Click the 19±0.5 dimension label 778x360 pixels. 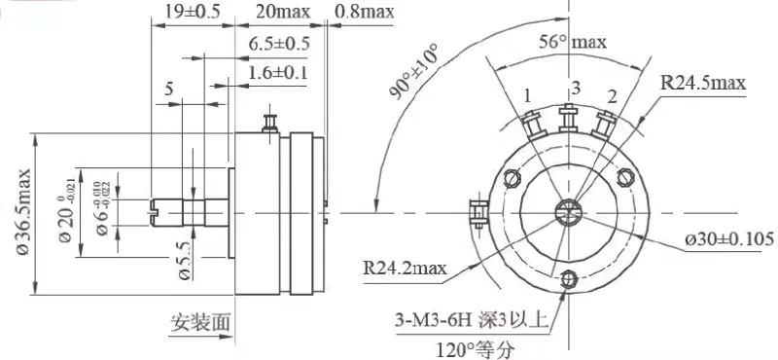pyautogui.click(x=192, y=12)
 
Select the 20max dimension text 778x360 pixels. pyautogui.click(x=283, y=12)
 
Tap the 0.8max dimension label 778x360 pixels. pyautogui.click(x=364, y=12)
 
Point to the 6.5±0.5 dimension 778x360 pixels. pyautogui.click(x=279, y=44)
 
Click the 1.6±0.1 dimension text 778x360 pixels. pyautogui.click(x=278, y=73)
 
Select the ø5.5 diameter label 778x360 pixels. pyautogui.click(x=184, y=261)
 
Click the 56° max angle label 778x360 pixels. pyautogui.click(x=573, y=42)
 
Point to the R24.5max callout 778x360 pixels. pyautogui.click(x=703, y=83)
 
